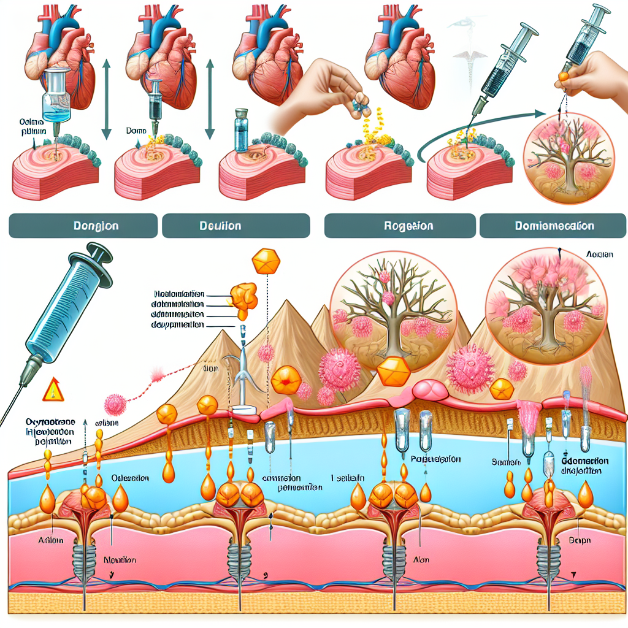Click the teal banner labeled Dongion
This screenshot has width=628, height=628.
83,226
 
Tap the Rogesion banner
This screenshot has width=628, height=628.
400,226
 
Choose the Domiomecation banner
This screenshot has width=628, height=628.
553,226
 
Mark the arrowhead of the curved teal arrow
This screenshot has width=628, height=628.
538,114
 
